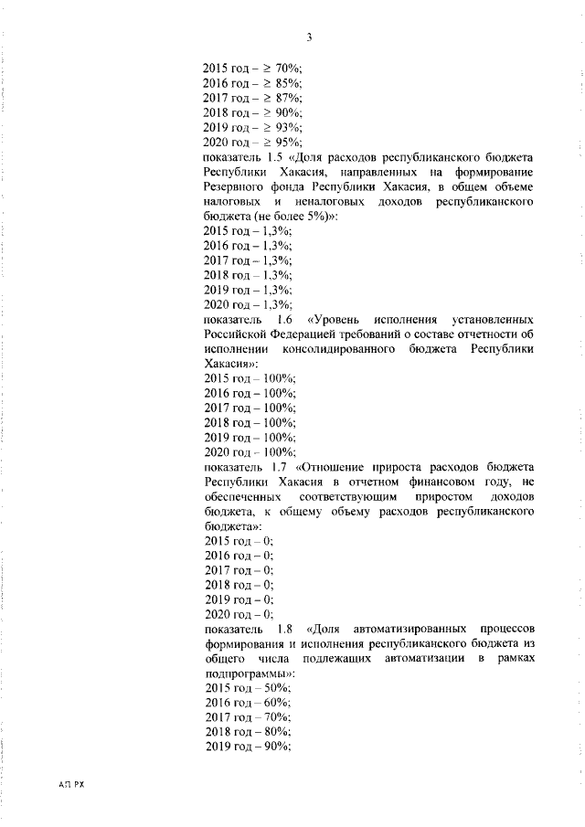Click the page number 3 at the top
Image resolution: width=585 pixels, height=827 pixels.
[x=310, y=37]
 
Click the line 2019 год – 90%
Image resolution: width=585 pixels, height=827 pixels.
[x=247, y=747]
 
